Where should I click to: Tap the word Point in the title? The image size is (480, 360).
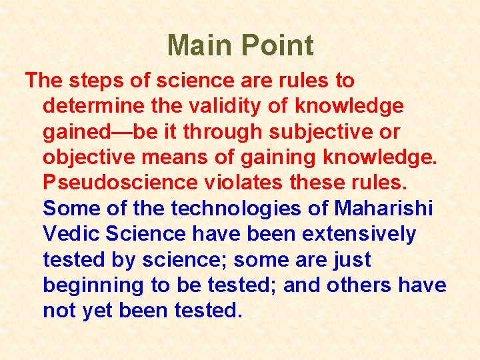coord(277,46)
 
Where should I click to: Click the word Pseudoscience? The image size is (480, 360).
coord(121,183)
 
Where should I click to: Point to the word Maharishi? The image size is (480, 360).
coord(383,209)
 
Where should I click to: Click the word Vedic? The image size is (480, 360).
coord(71,235)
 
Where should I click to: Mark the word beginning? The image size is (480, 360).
coord(93,286)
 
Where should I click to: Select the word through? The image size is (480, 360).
coord(218,132)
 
